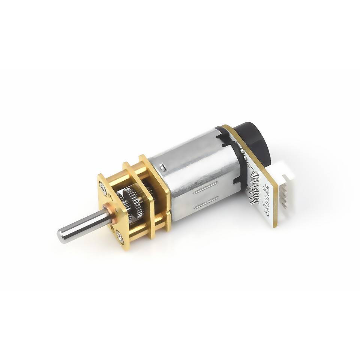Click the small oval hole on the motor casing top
point(162,166)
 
